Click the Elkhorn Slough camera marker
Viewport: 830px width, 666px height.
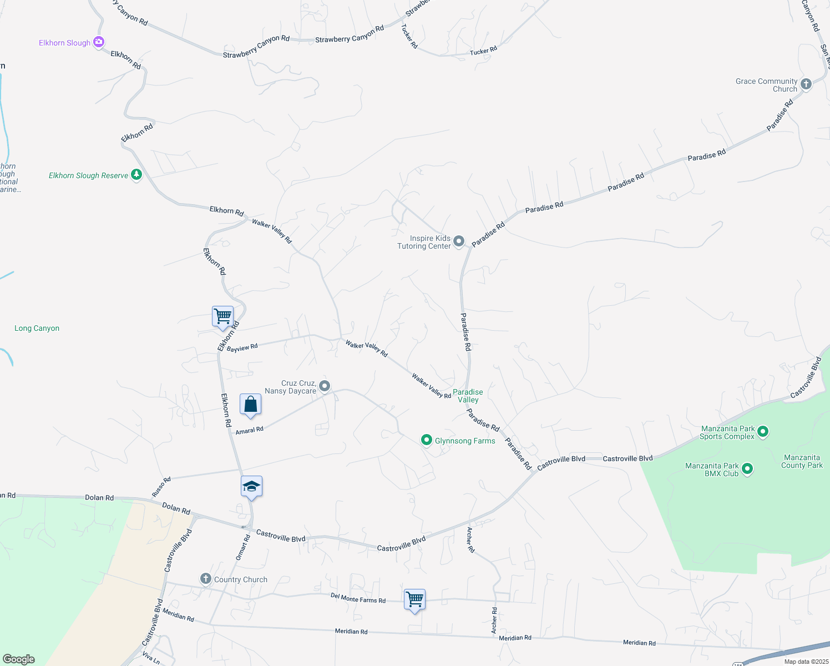[x=99, y=42]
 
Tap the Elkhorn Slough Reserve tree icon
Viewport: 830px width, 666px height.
[x=136, y=175]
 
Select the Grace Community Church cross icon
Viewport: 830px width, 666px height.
[x=806, y=84]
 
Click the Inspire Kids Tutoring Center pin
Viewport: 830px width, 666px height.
[x=459, y=241]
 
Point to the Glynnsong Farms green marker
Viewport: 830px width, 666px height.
[x=426, y=440]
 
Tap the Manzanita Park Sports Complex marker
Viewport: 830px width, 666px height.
[x=763, y=432]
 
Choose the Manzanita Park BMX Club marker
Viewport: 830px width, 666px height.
[x=747, y=469]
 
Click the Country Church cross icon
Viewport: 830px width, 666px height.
[x=206, y=579]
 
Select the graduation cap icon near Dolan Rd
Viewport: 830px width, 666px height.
[x=251, y=487]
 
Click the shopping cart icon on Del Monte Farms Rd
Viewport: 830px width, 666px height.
[x=414, y=599]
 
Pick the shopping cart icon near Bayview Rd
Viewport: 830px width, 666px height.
[x=222, y=316]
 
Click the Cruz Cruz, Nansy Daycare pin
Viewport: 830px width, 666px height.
[x=325, y=386]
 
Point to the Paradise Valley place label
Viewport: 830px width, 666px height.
[x=468, y=396]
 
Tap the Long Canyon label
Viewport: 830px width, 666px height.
[x=37, y=328]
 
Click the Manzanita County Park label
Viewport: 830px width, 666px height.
[x=802, y=461]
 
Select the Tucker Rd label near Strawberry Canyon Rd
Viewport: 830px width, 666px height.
[x=409, y=36]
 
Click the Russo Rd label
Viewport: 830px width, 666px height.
[x=161, y=487]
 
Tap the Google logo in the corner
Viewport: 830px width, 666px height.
[x=19, y=659]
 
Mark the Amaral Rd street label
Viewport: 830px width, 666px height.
[x=249, y=430]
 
